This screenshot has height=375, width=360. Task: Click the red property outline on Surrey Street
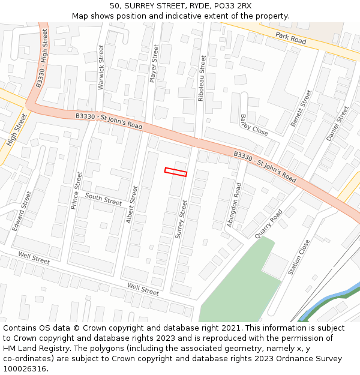pyautogui.click(x=176, y=172)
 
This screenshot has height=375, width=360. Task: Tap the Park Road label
pyautogui.click(x=290, y=38)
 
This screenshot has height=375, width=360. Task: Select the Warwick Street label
pyautogui.click(x=101, y=67)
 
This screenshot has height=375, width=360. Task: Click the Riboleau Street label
pyautogui.click(x=202, y=78)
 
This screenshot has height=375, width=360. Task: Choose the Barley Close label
pyautogui.click(x=254, y=124)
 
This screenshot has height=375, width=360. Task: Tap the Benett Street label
pyautogui.click(x=301, y=108)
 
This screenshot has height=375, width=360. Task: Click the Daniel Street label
pyautogui.click(x=337, y=124)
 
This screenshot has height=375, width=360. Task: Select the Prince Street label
pyautogui.click(x=76, y=190)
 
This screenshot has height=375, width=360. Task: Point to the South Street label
pyautogui.click(x=103, y=199)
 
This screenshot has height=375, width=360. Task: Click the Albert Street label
pyautogui.click(x=132, y=205)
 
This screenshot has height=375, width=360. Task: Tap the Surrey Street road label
pyautogui.click(x=181, y=219)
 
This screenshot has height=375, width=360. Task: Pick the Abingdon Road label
pyautogui.click(x=234, y=205)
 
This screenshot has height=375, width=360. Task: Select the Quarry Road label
pyautogui.click(x=268, y=224)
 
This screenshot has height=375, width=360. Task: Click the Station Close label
pyautogui.click(x=299, y=257)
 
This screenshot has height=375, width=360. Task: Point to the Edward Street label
pyautogui.click(x=22, y=211)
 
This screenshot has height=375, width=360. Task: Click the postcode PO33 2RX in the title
pyautogui.click(x=231, y=6)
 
